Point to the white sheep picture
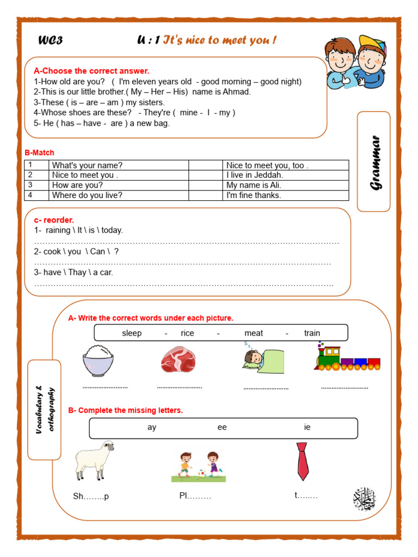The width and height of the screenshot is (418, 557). point(94,460)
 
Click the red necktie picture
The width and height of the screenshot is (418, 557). point(303,461)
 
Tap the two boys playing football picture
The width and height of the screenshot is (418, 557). point(198,466)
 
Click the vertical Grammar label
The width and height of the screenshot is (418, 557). point(375,162)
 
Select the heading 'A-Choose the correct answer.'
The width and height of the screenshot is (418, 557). point(91,71)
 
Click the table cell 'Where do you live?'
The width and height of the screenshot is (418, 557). point(87,195)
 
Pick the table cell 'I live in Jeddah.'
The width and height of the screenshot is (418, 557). point(255,175)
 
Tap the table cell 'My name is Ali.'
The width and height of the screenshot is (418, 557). point(254,185)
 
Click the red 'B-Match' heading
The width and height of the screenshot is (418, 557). point(40,153)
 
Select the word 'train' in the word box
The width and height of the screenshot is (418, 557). point(312,333)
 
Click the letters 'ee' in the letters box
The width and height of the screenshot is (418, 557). point(222,428)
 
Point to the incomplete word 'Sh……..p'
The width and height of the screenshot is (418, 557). point(91,497)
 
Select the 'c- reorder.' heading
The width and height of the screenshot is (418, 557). point(54,220)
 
